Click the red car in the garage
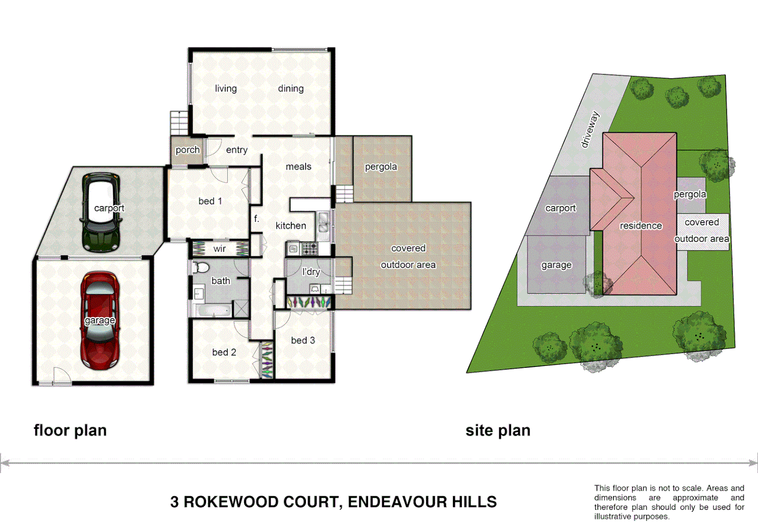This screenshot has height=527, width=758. (100, 320)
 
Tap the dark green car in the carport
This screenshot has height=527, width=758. (101, 213)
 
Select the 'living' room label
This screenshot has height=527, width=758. (225, 88)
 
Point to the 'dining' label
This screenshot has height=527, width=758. (290, 88)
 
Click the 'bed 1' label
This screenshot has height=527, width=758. (210, 201)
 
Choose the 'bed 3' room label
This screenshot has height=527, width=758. (303, 340)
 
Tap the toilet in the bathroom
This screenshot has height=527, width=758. (201, 267)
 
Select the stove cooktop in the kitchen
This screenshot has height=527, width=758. (309, 249)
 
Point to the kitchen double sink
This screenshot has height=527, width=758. (323, 222)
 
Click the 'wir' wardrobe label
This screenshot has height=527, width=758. (220, 249)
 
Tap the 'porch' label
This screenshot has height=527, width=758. (187, 150)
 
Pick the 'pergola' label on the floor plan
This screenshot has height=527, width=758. (381, 167)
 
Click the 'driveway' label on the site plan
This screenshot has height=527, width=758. (590, 129)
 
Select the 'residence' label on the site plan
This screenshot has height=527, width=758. (641, 225)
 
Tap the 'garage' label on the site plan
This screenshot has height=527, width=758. (556, 265)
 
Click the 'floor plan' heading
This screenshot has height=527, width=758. (70, 430)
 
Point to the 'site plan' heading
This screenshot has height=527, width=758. (497, 430)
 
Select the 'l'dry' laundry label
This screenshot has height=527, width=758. (311, 272)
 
